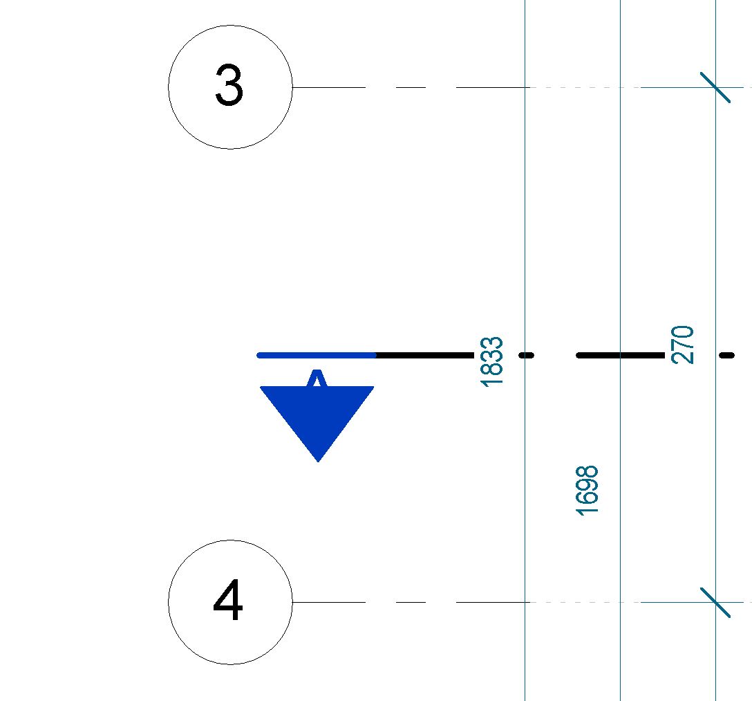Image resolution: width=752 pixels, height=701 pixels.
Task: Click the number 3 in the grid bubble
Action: coord(229,87)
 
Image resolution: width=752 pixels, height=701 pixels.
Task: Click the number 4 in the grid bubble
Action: coord(228,601)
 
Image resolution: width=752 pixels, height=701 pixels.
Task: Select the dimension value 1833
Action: coord(491,361)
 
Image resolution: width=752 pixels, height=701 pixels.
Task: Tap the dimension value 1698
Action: coord(587,491)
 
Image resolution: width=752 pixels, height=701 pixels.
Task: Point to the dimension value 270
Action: coord(682,344)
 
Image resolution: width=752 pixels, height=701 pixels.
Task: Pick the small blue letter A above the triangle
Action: coord(317,379)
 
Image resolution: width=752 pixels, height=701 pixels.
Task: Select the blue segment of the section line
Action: coord(317,355)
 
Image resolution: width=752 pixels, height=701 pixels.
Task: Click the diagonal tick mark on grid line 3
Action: coord(715,87)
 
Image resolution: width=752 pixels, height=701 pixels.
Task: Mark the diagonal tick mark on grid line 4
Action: coord(715,602)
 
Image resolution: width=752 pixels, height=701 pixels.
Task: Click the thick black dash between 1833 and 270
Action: coord(620,355)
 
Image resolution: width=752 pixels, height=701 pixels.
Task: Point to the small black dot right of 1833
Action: coord(527,355)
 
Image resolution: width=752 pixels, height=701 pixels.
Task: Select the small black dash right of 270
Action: coord(726,355)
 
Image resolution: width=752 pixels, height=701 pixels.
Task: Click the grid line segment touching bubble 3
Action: coord(328,87)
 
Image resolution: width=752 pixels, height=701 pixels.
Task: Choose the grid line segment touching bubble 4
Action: coord(328,602)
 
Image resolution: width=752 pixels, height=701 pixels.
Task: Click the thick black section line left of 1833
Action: coord(424,355)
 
